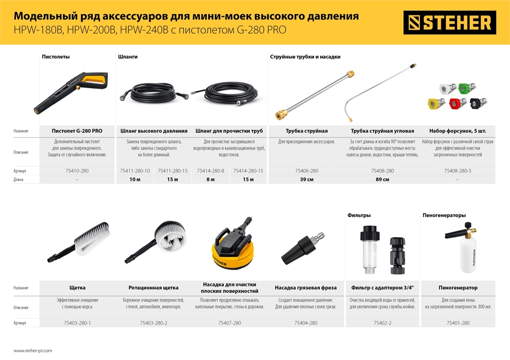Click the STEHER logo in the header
pos(449,22)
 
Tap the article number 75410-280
pos(77,171)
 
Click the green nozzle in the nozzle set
pos(464,88)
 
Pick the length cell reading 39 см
pos(307,179)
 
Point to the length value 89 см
pos(382,179)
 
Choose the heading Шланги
pos(127,57)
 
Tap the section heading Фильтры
pos(359,216)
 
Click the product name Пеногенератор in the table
pos(457,288)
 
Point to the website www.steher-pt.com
pos(33,351)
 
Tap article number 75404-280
pos(306,323)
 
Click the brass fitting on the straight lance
pos(280,113)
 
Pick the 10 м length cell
pos(135,179)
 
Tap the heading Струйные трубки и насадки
pos(305,57)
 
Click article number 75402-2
pos(382,323)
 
